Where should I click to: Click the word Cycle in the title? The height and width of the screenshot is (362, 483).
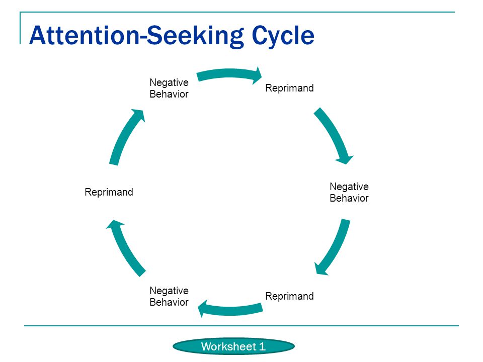(283, 36)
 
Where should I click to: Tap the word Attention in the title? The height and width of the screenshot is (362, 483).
(85, 35)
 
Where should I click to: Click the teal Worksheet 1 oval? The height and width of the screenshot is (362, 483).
(233, 346)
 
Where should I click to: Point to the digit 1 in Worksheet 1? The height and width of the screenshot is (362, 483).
(262, 346)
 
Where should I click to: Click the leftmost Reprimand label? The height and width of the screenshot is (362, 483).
(109, 192)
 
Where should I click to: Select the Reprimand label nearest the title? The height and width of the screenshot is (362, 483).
(289, 88)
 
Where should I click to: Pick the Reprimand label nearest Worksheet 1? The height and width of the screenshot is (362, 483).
(289, 296)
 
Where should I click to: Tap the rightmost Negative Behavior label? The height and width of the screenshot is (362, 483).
(349, 193)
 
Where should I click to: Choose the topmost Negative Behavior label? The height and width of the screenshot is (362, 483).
(169, 88)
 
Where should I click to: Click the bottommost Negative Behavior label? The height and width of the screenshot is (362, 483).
(169, 297)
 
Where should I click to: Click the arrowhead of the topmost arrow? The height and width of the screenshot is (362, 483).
(258, 75)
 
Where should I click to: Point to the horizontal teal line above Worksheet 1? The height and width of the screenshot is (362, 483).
(241, 325)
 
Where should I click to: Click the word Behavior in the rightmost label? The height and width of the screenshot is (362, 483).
(349, 198)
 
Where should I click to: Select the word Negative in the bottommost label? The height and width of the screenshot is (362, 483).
(169, 291)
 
